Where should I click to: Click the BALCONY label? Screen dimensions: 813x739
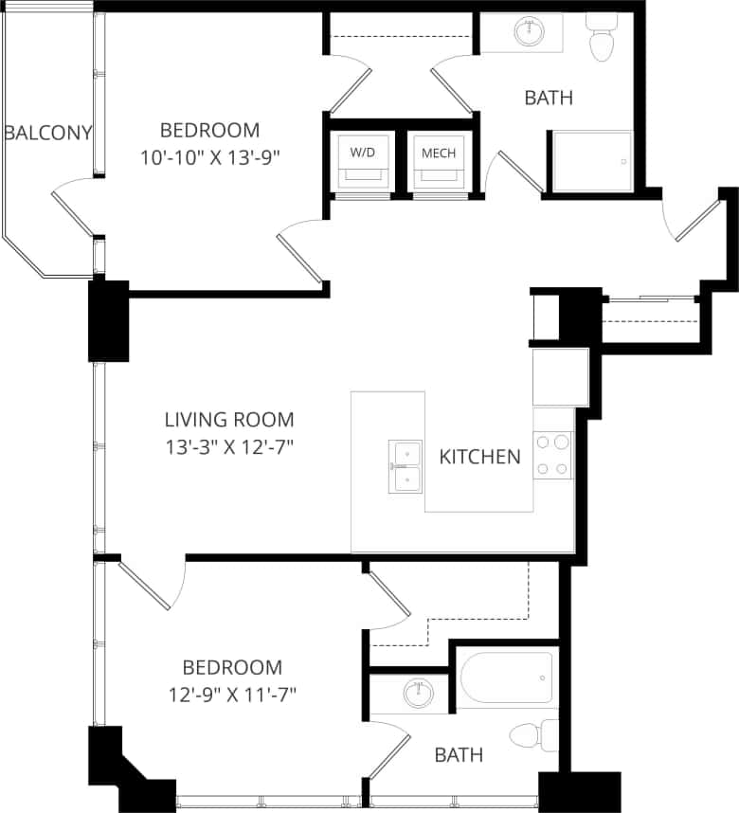pyautogui.click(x=47, y=133)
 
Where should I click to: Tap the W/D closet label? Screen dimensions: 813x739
pyautogui.click(x=362, y=153)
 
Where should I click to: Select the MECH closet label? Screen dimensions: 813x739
pyautogui.click(x=439, y=153)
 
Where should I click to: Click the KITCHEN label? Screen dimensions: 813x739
pyautogui.click(x=479, y=457)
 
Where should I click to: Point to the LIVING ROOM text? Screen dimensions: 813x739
pyautogui.click(x=229, y=419)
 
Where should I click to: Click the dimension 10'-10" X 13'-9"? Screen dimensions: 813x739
pyautogui.click(x=209, y=158)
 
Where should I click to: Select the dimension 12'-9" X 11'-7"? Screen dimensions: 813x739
pyautogui.click(x=232, y=695)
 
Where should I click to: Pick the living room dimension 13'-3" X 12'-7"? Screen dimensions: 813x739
pyautogui.click(x=229, y=446)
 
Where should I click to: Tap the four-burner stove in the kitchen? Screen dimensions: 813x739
pyautogui.click(x=552, y=455)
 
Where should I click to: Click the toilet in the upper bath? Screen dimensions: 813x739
pyautogui.click(x=601, y=38)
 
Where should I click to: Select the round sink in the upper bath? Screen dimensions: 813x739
pyautogui.click(x=528, y=32)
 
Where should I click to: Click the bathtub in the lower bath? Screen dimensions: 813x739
pyautogui.click(x=506, y=678)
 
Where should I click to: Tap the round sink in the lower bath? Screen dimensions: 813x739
pyautogui.click(x=416, y=694)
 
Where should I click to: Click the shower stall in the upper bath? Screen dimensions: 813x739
pyautogui.click(x=590, y=162)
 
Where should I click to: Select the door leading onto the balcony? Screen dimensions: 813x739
pyautogui.click(x=74, y=208)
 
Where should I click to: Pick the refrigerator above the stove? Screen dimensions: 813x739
pyautogui.click(x=560, y=377)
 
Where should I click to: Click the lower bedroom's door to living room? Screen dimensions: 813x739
pyautogui.click(x=145, y=587)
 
